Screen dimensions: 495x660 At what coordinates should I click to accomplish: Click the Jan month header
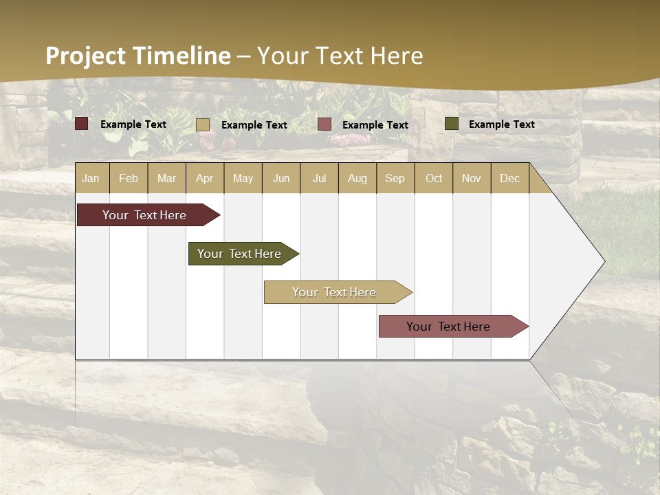point(91,178)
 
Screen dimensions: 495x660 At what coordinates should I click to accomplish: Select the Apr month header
point(205,178)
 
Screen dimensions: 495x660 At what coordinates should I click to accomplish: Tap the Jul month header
point(320,178)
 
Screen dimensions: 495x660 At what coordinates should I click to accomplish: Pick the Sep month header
point(395,178)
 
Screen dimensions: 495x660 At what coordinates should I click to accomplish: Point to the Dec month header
point(510,178)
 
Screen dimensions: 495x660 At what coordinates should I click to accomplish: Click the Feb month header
point(129,178)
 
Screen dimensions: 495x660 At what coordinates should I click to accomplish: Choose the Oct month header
point(434,178)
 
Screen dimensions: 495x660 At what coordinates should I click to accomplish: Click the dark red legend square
point(82,124)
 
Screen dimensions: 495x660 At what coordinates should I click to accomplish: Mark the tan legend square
point(203,124)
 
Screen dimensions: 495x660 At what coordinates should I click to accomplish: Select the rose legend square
point(324,124)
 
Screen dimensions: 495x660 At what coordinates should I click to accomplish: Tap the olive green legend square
point(452,124)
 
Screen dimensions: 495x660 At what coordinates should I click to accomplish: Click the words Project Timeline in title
point(138,56)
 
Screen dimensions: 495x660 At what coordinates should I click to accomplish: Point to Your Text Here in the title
point(340,56)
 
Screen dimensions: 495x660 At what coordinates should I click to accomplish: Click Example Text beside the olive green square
point(501,124)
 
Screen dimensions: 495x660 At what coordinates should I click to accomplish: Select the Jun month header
point(281,178)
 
